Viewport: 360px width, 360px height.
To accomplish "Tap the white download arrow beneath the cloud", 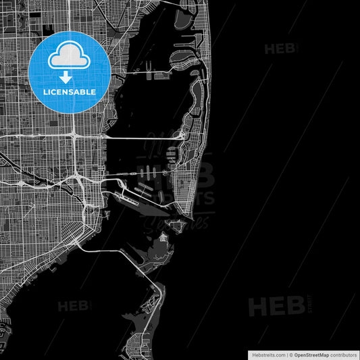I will tap(70, 77).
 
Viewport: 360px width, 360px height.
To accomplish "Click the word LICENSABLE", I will tap(70, 92).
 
